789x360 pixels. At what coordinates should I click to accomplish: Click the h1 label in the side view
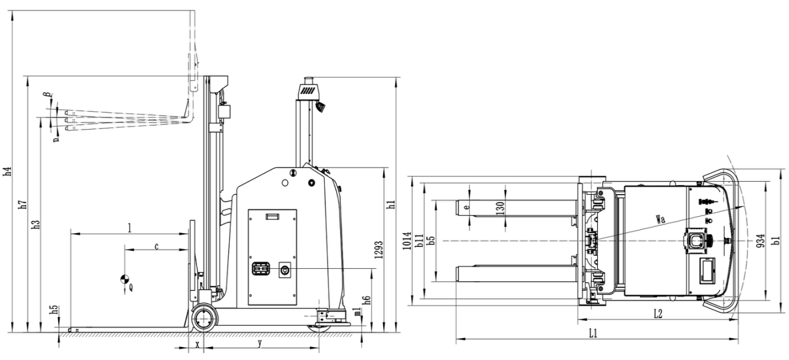coord(391,205)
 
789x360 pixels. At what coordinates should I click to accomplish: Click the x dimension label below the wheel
coord(197,344)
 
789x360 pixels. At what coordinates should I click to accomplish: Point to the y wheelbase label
coord(260,343)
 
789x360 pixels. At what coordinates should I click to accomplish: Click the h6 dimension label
coord(367,301)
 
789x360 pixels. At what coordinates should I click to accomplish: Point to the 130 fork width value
coord(500,207)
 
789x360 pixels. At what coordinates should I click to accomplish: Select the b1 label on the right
coord(777,241)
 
